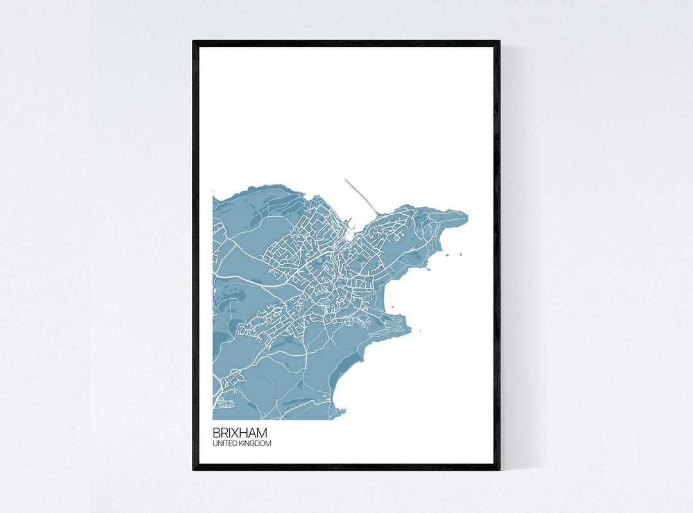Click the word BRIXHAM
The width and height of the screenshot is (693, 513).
240,433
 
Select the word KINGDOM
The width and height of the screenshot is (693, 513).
255,443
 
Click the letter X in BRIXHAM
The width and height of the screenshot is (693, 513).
235,433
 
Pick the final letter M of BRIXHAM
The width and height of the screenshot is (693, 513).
262,433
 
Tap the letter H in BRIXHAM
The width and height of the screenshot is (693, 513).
244,433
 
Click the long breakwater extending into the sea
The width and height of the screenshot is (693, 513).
361,195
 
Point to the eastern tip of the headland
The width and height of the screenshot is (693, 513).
466,216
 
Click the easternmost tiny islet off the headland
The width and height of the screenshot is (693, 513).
460,254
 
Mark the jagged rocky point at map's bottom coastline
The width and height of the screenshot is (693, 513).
340,410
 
